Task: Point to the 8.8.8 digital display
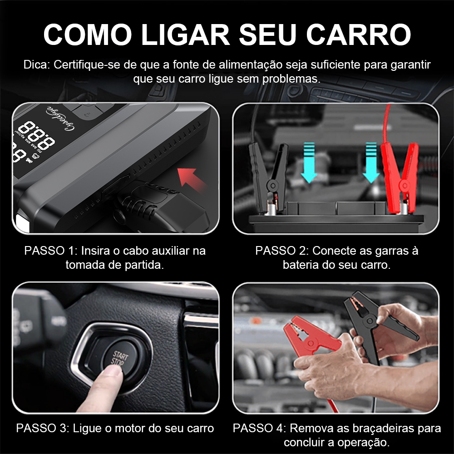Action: (x=36, y=135)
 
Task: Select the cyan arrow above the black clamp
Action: (x=309, y=162)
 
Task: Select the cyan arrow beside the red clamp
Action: (x=371, y=162)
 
